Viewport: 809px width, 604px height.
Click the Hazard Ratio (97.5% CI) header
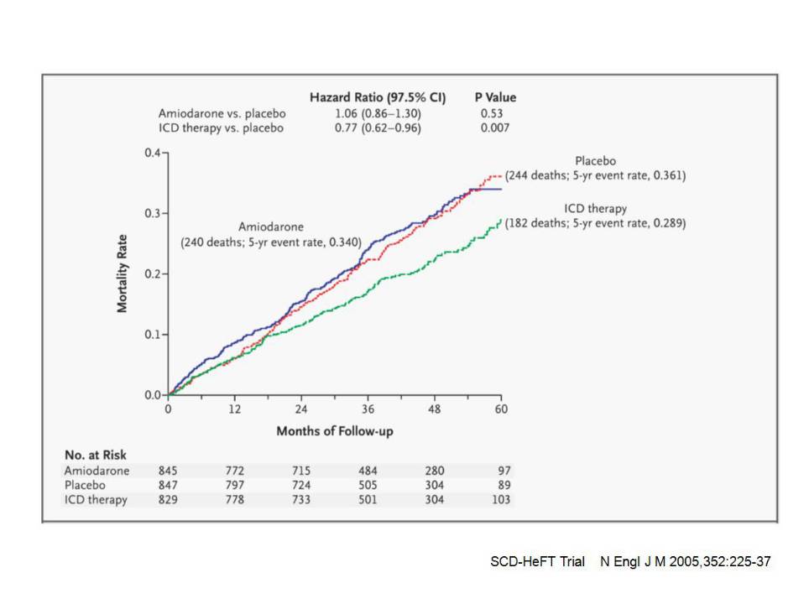tap(378, 97)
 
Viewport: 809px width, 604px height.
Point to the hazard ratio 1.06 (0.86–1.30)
tap(378, 112)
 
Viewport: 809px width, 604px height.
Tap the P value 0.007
tap(495, 128)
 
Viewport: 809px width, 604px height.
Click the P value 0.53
tap(492, 112)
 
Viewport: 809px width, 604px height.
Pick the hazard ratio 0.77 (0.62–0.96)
tap(378, 128)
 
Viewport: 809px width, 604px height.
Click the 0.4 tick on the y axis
tap(153, 154)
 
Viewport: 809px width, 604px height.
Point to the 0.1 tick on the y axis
tap(153, 335)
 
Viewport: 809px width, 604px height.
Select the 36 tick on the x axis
tap(368, 409)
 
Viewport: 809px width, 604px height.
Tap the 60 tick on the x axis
tap(501, 409)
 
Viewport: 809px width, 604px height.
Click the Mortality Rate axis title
tap(123, 273)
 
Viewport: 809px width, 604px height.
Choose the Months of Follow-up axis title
tap(335, 431)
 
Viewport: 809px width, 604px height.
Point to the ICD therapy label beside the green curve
tap(597, 208)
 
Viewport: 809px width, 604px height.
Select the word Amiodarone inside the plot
tap(270, 226)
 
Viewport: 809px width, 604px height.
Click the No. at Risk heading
tap(95, 455)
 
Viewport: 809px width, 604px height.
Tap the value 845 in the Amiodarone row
tap(169, 471)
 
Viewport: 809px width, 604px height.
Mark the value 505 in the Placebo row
tap(368, 485)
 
